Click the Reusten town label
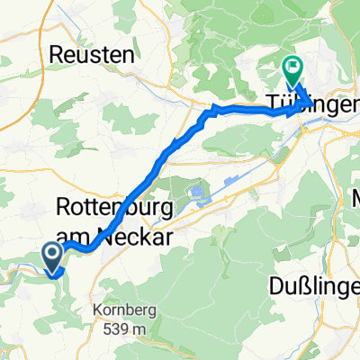94,54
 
